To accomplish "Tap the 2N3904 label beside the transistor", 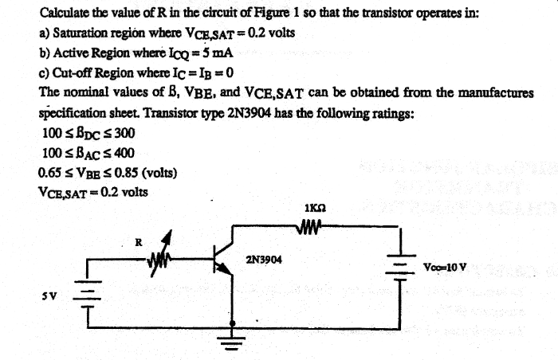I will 262,260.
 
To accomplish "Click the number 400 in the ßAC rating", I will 112,152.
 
